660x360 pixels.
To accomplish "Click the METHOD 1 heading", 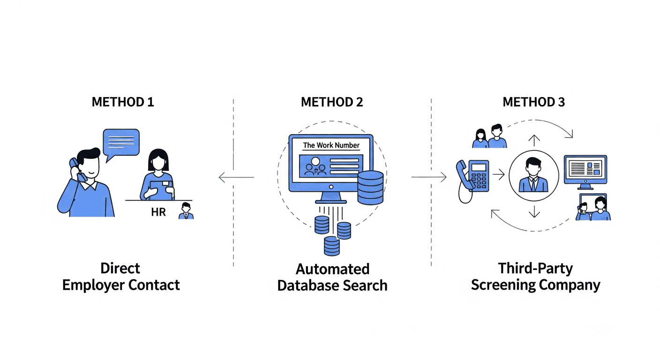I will point(122,102).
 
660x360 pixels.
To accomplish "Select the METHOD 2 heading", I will point(332,102).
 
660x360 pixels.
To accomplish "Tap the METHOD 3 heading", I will point(533,102).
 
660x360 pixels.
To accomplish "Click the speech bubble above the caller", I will point(121,141).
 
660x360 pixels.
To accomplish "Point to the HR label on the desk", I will point(158,212).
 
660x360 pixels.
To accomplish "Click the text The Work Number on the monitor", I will point(331,145).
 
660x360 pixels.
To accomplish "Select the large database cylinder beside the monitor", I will point(370,187).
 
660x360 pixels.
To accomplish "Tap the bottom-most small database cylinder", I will point(331,246).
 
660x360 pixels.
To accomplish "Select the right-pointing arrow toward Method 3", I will point(429,177).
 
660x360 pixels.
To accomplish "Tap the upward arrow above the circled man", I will point(534,140).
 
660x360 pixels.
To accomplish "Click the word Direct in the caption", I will point(120,269).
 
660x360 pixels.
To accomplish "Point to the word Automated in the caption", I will point(332,270).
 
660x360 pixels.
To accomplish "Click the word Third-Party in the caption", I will point(535,269).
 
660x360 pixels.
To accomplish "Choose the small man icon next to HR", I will point(186,211).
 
